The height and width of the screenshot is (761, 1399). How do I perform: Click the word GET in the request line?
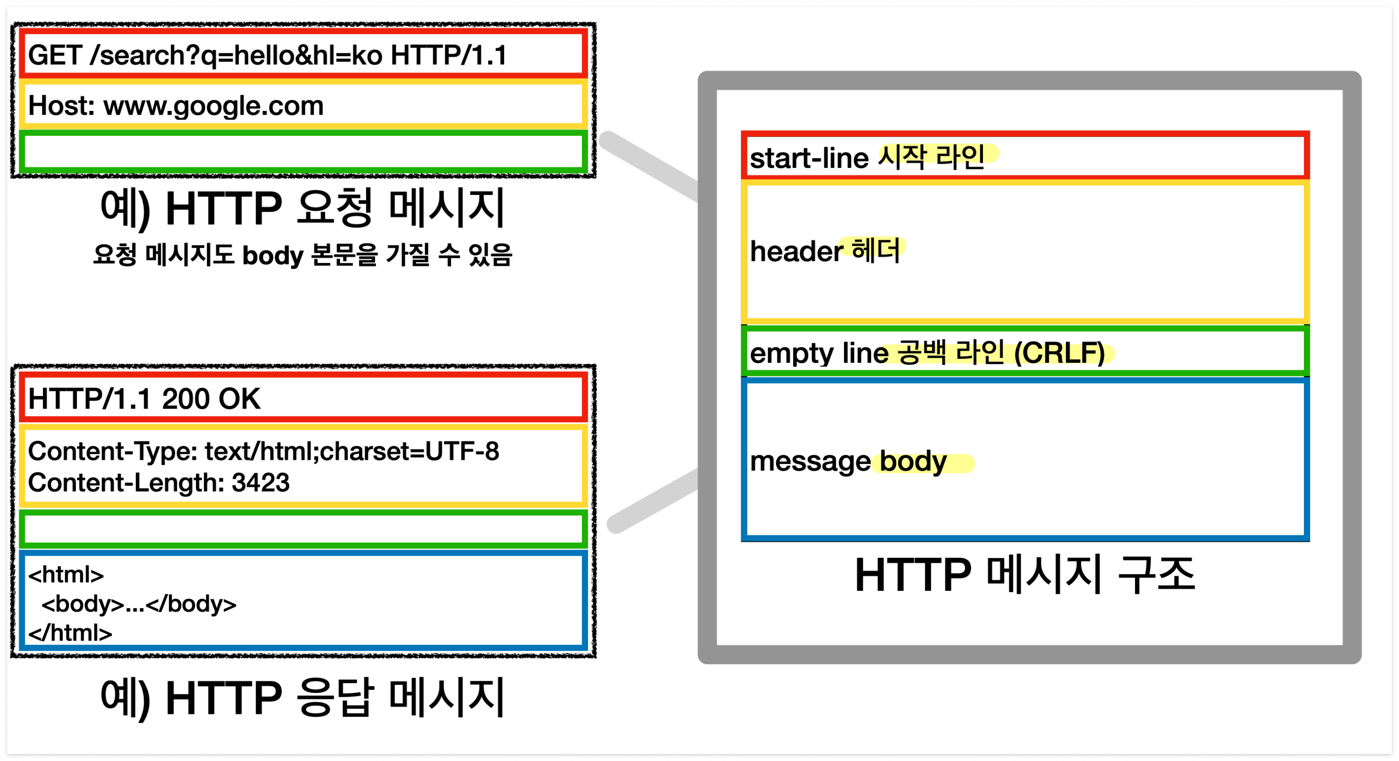point(55,55)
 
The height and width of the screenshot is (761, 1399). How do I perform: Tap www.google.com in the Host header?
point(214,106)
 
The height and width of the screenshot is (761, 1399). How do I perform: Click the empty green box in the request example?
point(303,152)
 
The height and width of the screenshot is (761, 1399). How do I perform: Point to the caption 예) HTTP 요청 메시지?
point(303,208)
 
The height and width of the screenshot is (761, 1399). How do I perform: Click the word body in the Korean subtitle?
point(272,255)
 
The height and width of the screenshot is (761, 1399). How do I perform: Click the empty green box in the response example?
point(303,529)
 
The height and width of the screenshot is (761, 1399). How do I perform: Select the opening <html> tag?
point(66,574)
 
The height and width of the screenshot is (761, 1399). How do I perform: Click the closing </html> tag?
point(70,633)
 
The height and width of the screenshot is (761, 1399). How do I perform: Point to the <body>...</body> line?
point(139,604)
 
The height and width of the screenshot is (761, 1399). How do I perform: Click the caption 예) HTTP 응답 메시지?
point(303,698)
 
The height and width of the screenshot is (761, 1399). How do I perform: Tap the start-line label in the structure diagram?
point(809,159)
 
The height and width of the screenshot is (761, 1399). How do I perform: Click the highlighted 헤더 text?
point(876,250)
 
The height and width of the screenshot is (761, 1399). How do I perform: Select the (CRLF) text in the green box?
point(1059,353)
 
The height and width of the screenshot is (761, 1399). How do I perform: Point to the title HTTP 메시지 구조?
point(1024,574)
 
